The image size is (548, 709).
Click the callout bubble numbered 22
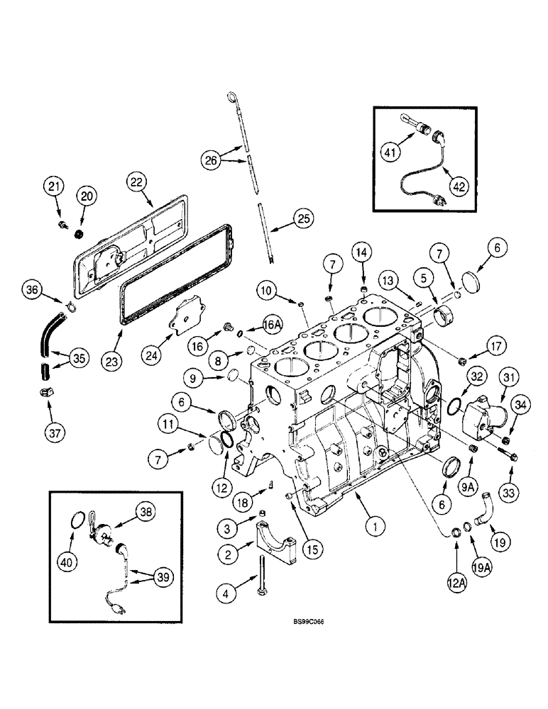point(137,182)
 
